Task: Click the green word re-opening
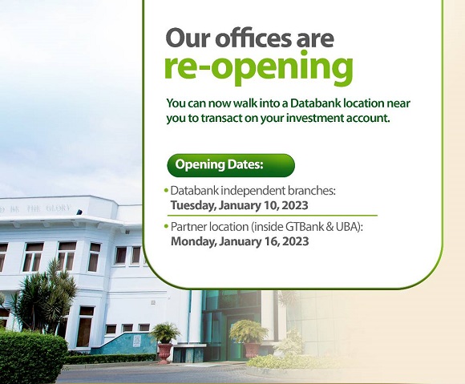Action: coord(259,67)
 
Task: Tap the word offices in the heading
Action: coord(253,38)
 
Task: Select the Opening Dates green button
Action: coord(231,165)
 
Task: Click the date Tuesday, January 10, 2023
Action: coord(240,205)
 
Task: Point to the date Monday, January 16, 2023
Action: coord(240,241)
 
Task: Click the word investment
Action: coord(315,118)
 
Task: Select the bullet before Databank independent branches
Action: coord(166,190)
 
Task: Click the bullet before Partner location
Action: coord(166,226)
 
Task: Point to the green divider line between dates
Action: coord(273,216)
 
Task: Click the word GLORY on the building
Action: coord(59,208)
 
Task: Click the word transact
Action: coord(220,118)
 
